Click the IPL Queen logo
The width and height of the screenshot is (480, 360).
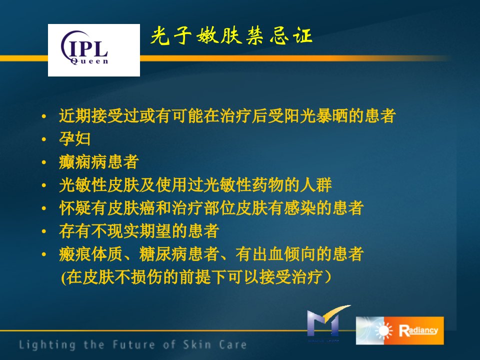click(94, 50)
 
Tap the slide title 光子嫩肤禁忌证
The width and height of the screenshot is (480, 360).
click(231, 36)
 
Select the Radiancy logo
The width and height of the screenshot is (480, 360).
click(400, 330)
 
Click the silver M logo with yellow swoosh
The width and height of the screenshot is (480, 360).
click(327, 322)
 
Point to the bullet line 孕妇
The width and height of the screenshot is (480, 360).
click(74, 138)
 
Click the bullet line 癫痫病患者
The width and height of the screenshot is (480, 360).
click(99, 161)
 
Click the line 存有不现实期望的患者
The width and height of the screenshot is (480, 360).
click(139, 231)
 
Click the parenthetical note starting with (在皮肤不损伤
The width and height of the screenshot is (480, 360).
click(196, 277)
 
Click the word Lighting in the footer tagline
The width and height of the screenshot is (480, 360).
click(47, 345)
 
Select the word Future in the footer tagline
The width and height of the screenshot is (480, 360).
click(134, 344)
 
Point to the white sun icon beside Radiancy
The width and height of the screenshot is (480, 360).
click(383, 331)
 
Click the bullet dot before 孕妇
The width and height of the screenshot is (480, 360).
click(44, 139)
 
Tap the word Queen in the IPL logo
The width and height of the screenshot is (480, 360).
click(89, 61)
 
